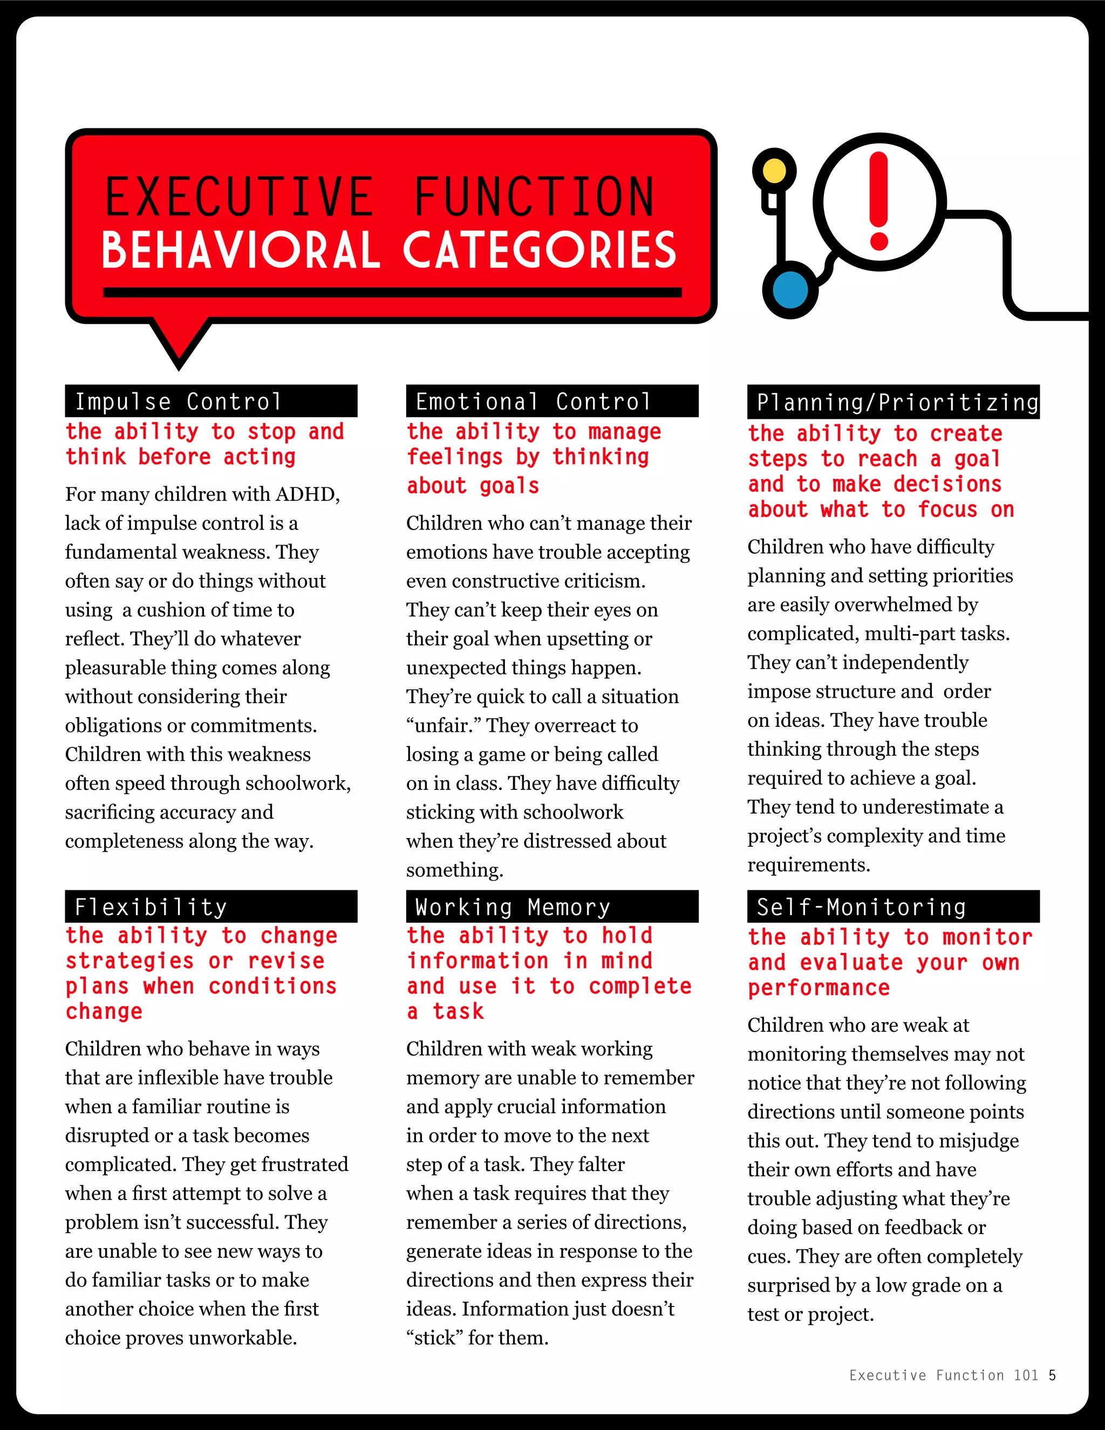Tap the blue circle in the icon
(x=790, y=289)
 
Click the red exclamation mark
(x=878, y=202)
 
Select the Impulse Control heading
(x=178, y=401)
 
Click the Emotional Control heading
(x=534, y=401)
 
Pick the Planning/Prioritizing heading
(x=897, y=402)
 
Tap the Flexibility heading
(x=151, y=907)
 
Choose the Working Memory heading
(x=513, y=907)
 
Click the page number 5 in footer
(x=1052, y=1375)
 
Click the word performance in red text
(x=819, y=988)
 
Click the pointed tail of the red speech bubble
(x=179, y=353)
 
